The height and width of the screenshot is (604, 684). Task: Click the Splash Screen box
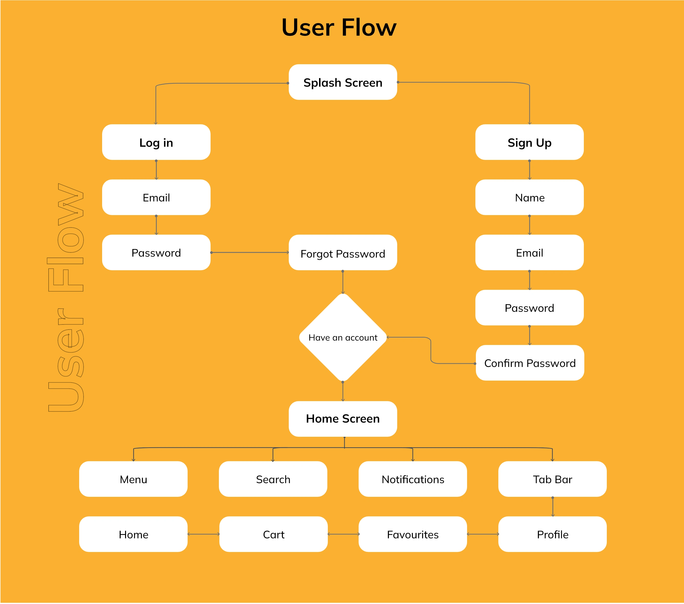pos(343,82)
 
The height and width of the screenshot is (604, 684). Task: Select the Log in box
pos(156,142)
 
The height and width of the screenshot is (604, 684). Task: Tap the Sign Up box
pos(529,142)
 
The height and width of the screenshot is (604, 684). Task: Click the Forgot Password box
pos(343,252)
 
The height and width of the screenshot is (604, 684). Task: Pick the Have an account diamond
pos(343,337)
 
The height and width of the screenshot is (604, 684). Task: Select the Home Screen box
pos(343,419)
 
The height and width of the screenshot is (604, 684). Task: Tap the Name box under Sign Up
pos(529,197)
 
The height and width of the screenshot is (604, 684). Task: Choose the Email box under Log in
pos(156,197)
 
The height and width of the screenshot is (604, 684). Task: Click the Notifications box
pos(413,479)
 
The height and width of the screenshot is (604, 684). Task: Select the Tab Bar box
pos(553,479)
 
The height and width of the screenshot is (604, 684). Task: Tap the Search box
pos(273,479)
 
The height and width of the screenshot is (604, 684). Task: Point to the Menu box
pos(133,479)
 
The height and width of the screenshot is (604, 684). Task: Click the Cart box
pos(273,534)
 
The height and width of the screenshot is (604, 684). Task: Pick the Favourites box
pos(413,534)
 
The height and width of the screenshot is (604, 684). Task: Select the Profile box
pos(553,534)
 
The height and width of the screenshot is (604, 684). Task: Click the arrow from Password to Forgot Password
pos(250,252)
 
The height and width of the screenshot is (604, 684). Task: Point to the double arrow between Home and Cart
pos(203,534)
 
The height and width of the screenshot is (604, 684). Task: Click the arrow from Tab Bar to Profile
pos(553,507)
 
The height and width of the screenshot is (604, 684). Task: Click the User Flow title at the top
pos(339,27)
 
